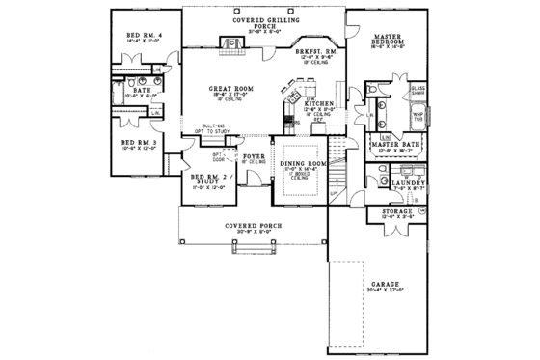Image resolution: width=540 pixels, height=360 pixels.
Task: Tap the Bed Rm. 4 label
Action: point(143,37)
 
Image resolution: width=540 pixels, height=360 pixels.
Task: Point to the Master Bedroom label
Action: point(389,41)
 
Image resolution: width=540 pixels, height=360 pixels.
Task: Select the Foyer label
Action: point(254,153)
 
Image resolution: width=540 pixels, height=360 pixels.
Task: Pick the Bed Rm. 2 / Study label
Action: point(208,180)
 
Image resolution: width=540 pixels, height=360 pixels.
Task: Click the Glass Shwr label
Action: point(418,89)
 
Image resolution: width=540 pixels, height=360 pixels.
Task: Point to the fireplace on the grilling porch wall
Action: point(231,42)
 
